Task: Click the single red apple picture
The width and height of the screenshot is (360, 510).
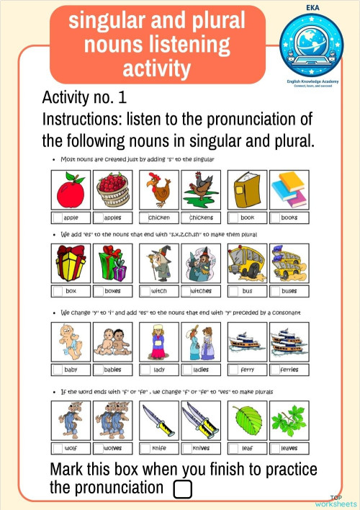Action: (x=71, y=190)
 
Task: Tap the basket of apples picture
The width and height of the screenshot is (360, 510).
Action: (x=112, y=190)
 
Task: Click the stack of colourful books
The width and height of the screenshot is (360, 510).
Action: (x=288, y=190)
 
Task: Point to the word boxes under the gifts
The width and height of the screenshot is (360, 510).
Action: (x=113, y=291)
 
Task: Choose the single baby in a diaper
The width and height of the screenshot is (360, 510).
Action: (x=71, y=341)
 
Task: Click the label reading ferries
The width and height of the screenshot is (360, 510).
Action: (x=289, y=370)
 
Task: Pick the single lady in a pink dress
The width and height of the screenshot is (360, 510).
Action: (x=158, y=341)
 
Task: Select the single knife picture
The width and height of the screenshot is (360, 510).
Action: (x=158, y=419)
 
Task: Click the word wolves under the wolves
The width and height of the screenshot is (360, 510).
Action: (x=113, y=448)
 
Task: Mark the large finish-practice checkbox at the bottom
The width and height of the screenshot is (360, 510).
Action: (x=183, y=489)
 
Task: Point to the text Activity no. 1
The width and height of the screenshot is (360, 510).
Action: (x=85, y=97)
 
